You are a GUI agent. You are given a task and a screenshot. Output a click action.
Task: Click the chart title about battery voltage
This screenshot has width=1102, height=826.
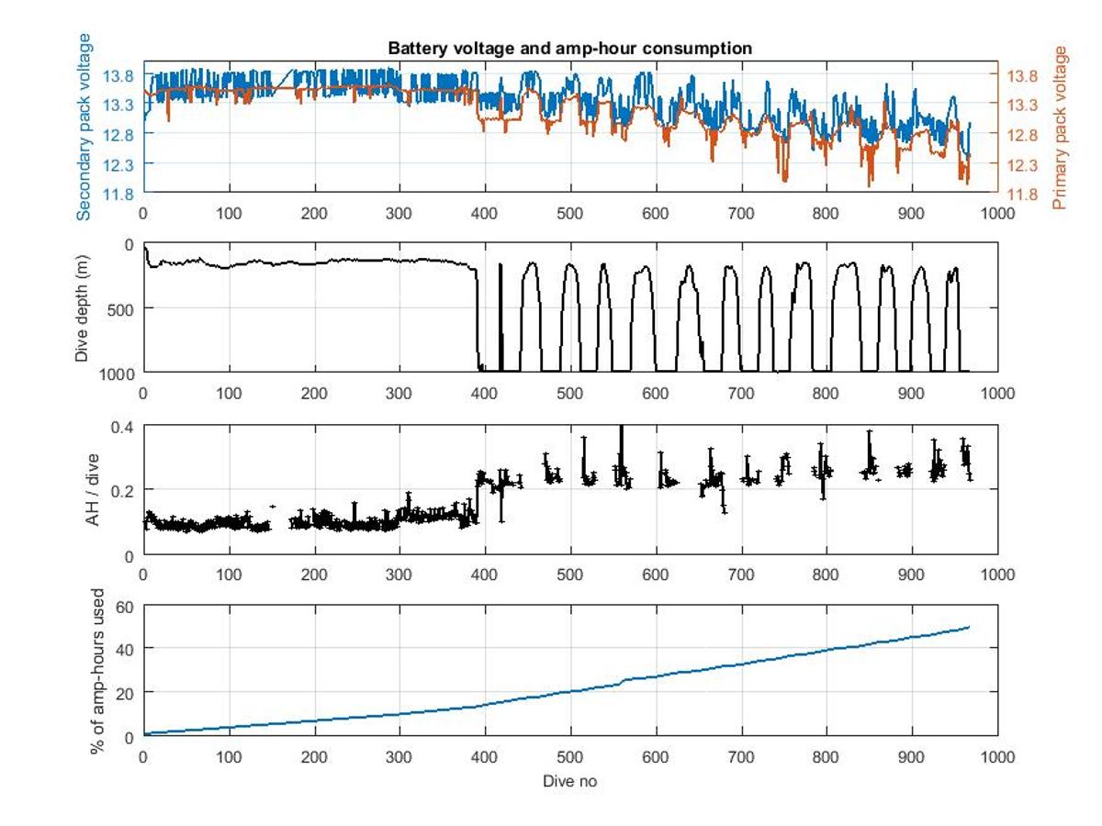pos(569,48)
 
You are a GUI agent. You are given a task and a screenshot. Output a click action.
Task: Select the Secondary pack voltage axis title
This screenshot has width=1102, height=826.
pos(84,127)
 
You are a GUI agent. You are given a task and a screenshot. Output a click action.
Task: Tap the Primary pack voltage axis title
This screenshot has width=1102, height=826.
pos(1062,128)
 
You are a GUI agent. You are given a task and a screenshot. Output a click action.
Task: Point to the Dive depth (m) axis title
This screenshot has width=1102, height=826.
pos(84,308)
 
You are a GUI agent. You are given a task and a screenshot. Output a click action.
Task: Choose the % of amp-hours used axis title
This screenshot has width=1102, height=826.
pos(97,672)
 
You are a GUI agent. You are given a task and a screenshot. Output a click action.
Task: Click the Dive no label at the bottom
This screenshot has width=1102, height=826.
pos(569,782)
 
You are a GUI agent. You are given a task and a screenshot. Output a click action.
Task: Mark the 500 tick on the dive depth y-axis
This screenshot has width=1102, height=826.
pos(122,308)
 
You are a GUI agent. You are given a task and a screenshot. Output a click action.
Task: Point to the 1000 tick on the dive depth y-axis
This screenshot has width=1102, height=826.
pos(118,373)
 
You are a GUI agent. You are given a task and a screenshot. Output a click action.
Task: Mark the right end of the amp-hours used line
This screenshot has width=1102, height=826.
pos(969,627)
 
